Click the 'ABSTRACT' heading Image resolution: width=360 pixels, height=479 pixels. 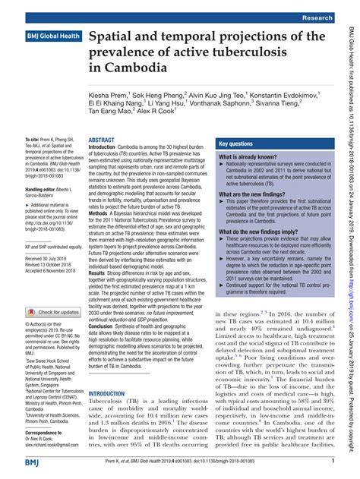(102, 141)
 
